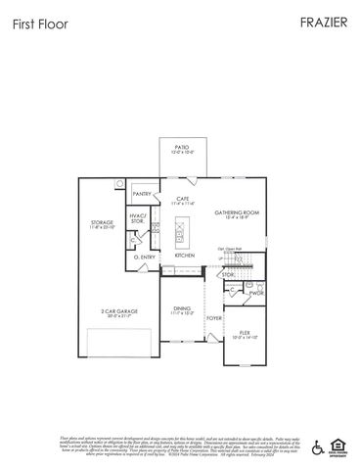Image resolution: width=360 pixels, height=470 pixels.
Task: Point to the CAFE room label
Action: click(x=182, y=199)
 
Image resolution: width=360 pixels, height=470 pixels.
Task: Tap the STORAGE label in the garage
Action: click(x=103, y=222)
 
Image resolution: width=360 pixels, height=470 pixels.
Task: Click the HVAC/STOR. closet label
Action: click(x=138, y=220)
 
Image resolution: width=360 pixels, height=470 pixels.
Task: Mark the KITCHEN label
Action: click(x=185, y=256)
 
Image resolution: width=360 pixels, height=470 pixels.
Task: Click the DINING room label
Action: click(x=183, y=308)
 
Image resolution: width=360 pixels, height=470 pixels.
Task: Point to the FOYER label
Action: click(x=213, y=317)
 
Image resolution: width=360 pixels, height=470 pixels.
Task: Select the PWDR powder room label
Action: click(x=257, y=292)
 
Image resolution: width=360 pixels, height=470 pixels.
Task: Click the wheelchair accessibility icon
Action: click(x=317, y=446)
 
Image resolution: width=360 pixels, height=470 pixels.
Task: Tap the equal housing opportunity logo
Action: click(x=337, y=446)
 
